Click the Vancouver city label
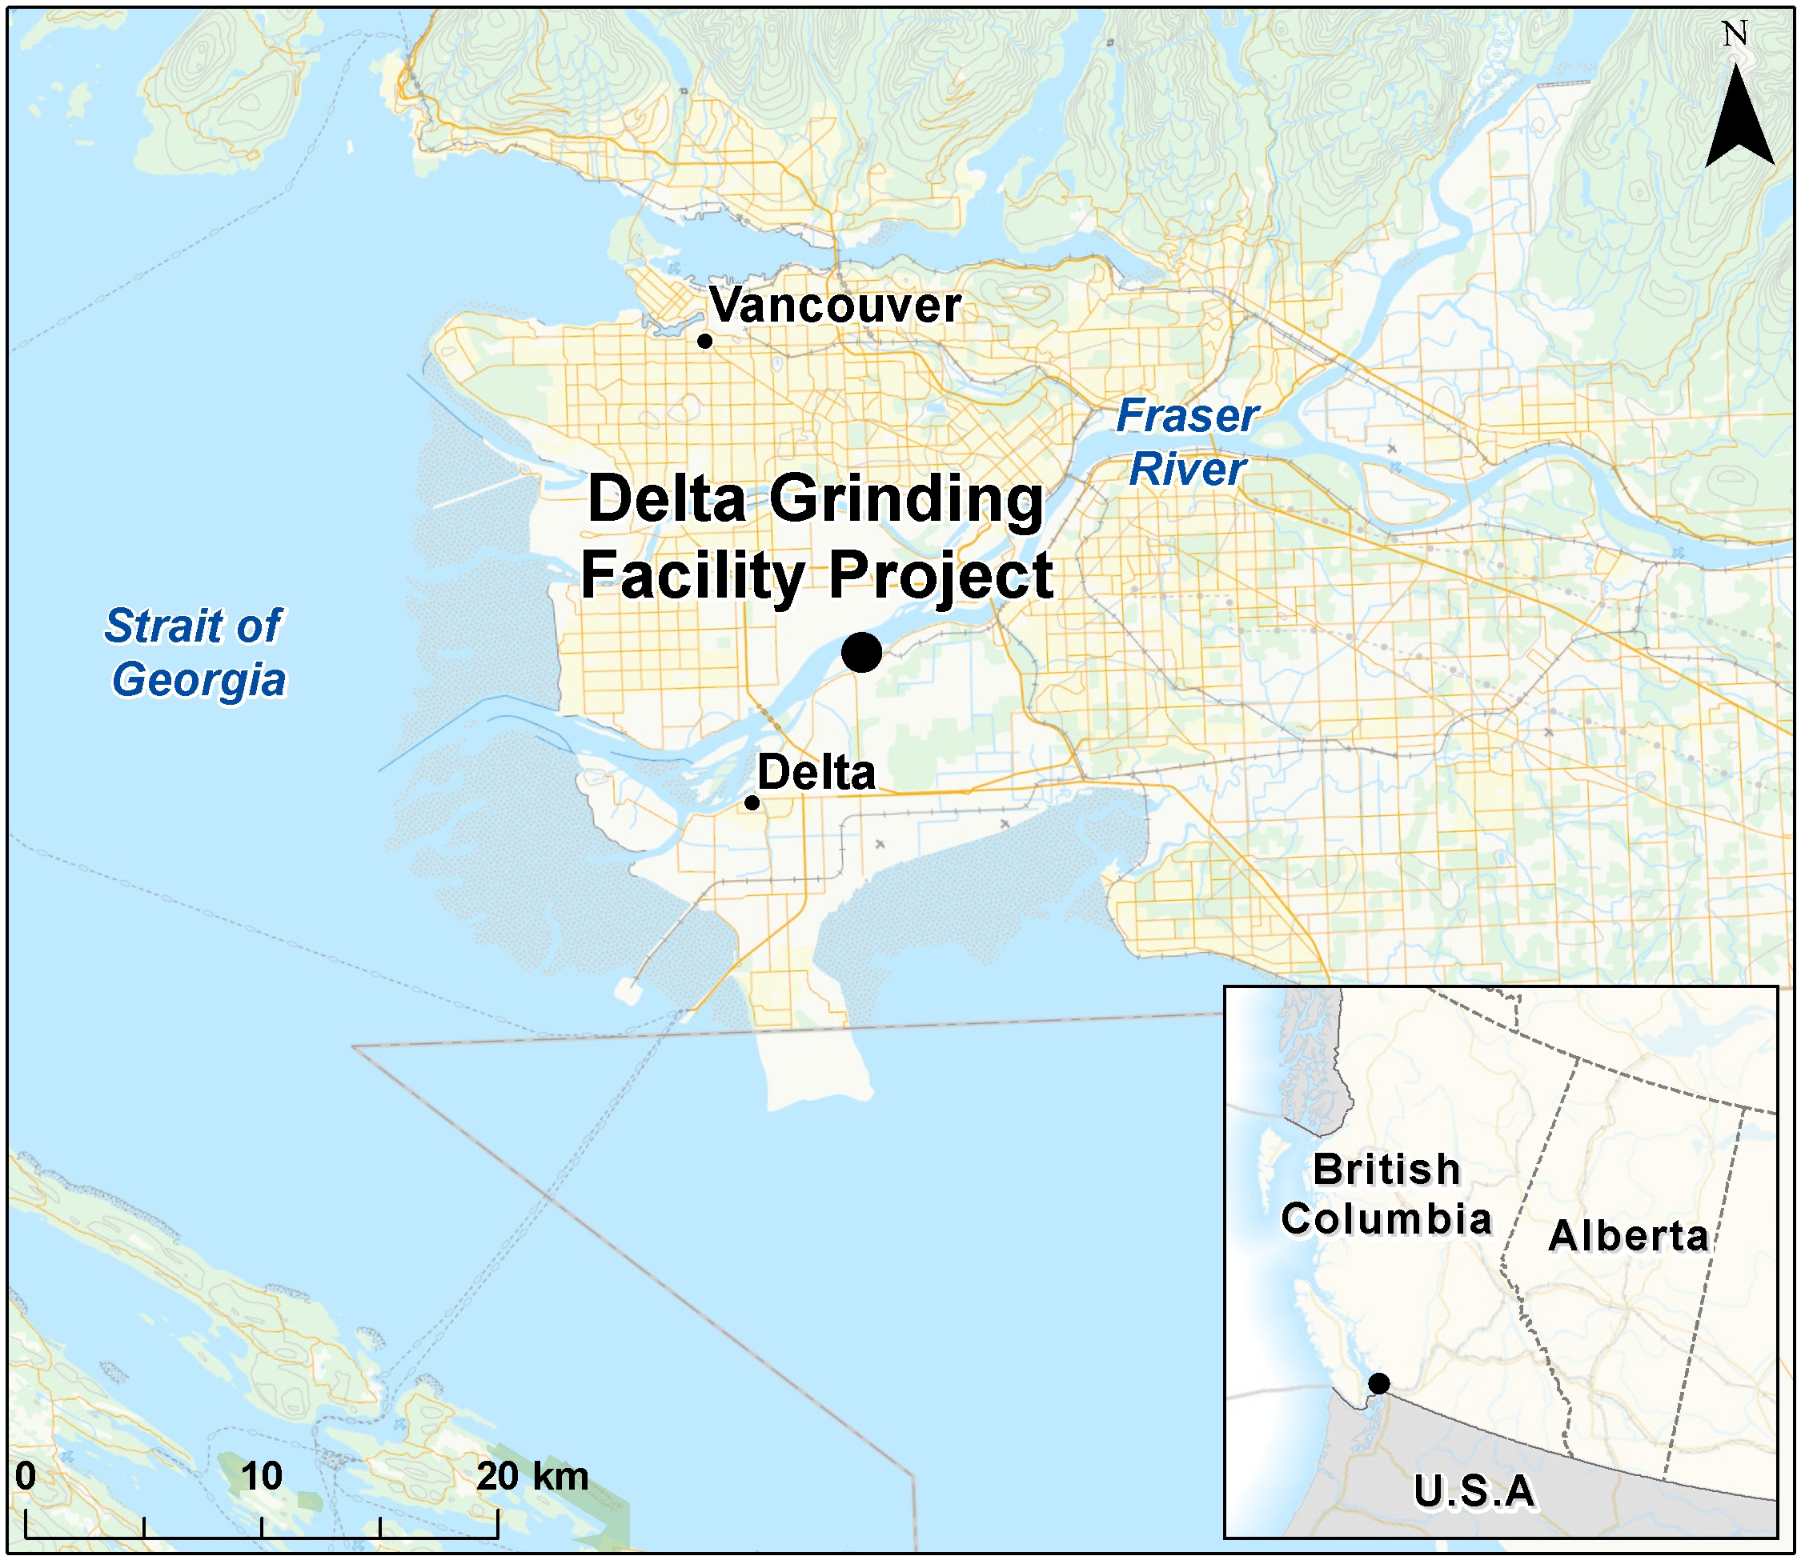click(x=834, y=306)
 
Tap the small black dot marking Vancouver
click(x=704, y=342)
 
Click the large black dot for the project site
click(x=861, y=653)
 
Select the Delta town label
click(x=816, y=773)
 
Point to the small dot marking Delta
click(x=752, y=802)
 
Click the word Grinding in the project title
click(x=906, y=501)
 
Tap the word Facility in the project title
click(x=693, y=577)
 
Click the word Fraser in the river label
click(x=1187, y=416)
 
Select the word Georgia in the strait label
click(x=199, y=680)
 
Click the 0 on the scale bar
click(x=26, y=1475)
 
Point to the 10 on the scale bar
click(x=261, y=1475)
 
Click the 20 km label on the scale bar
click(x=531, y=1475)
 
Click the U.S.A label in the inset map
click(x=1474, y=1491)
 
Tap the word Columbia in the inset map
click(x=1386, y=1218)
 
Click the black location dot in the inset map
click(x=1378, y=1383)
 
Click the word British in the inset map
click(x=1386, y=1169)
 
